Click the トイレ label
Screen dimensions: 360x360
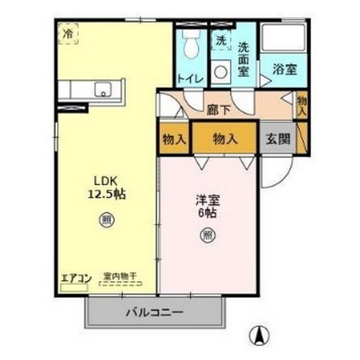pyautogui.click(x=191, y=79)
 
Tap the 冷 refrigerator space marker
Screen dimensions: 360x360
pyautogui.click(x=67, y=34)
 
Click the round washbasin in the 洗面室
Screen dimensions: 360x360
pyautogui.click(x=222, y=72)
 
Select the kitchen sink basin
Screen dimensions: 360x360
pyautogui.click(x=103, y=89)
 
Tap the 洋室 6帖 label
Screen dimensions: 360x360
pyautogui.click(x=207, y=206)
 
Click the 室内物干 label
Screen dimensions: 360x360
pyautogui.click(x=120, y=277)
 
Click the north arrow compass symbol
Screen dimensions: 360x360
pyautogui.click(x=259, y=336)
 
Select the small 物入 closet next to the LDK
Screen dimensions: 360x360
pyautogui.click(x=174, y=139)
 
